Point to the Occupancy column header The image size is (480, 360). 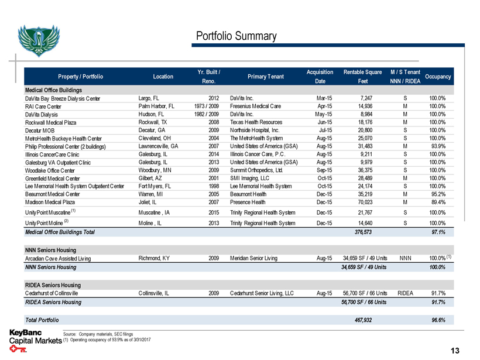tap(438, 76)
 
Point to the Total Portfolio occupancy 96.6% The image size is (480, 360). tap(437, 320)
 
